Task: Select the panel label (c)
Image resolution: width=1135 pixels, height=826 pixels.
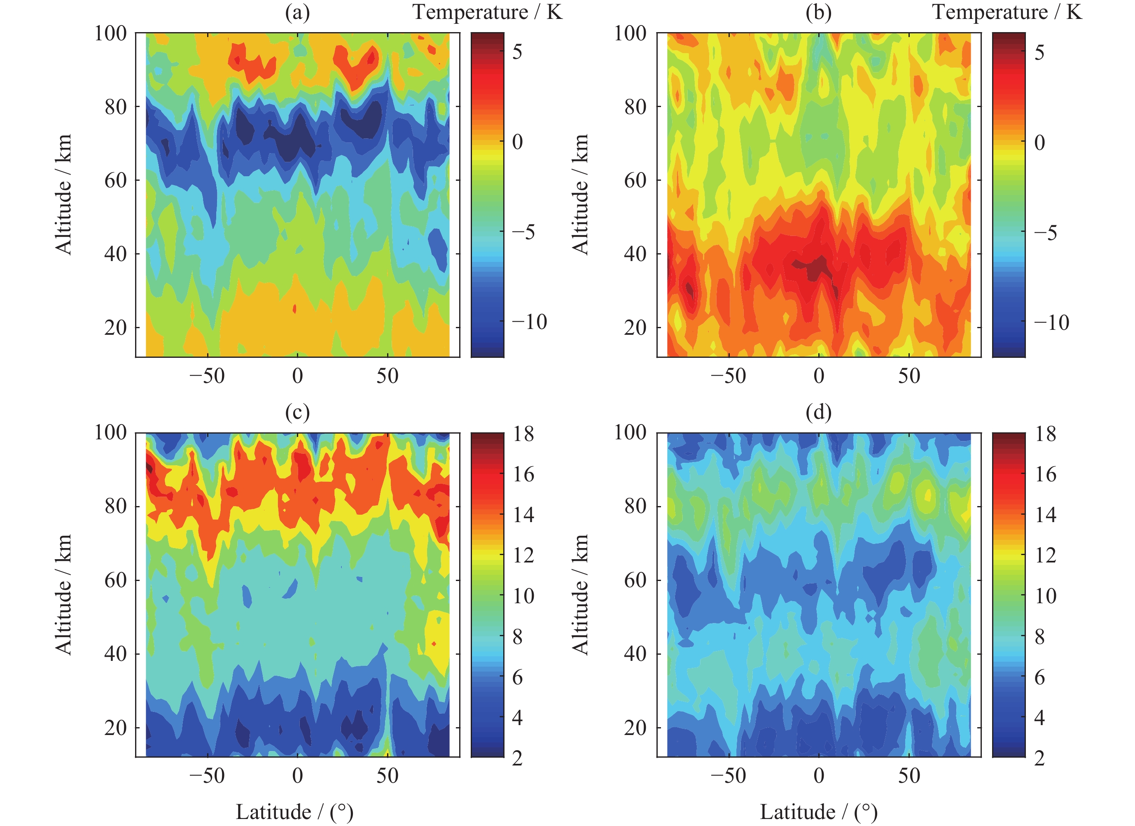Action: (297, 413)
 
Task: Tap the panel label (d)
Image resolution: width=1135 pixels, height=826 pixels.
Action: (818, 413)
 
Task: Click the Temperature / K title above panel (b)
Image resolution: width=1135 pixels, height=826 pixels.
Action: (1007, 12)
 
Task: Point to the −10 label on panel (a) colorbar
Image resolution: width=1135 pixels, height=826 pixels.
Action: (530, 322)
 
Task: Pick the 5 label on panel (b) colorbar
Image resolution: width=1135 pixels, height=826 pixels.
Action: (1039, 52)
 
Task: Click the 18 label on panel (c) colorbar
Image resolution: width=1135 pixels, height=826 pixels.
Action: (523, 434)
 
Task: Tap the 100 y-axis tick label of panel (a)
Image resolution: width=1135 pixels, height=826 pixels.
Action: (111, 33)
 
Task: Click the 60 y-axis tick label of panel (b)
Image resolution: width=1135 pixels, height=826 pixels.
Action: (635, 180)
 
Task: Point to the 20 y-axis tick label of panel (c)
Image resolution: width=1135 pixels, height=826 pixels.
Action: (116, 728)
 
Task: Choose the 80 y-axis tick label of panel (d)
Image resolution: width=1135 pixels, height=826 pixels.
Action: (635, 506)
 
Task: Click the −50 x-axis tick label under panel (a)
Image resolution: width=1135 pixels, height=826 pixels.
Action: (207, 376)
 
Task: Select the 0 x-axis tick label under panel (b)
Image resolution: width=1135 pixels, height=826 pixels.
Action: (819, 376)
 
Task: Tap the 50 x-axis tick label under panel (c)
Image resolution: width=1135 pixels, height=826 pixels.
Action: (388, 776)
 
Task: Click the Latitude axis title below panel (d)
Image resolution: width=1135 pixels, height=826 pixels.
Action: (818, 812)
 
